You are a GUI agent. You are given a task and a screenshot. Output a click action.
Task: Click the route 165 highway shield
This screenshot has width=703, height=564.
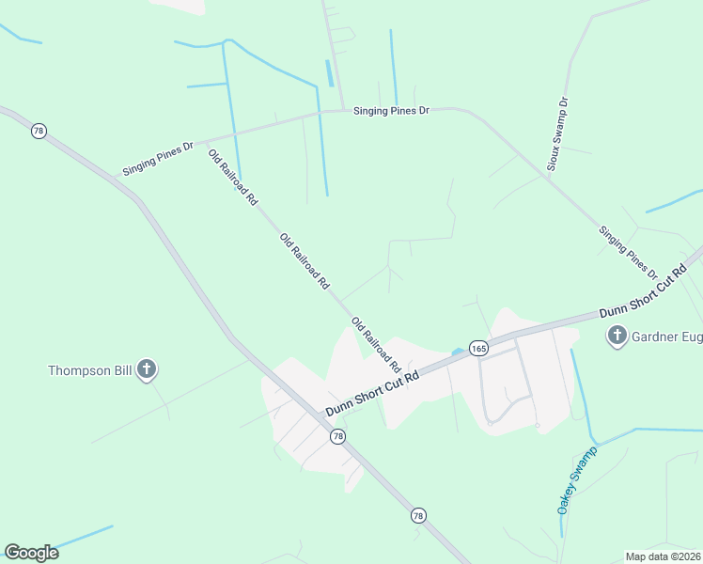point(478,348)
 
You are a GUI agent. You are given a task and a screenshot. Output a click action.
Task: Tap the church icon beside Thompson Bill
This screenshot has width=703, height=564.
point(147,369)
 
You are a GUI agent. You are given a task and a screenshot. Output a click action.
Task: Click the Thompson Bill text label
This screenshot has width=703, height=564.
point(91,370)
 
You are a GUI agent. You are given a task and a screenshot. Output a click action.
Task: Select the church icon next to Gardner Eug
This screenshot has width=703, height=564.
point(617,336)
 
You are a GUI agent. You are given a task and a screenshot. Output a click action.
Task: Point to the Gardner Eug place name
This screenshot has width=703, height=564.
point(666,336)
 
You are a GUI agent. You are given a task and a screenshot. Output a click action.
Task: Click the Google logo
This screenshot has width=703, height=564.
point(31,553)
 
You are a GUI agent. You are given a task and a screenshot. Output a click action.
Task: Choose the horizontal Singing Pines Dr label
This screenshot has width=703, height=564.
point(391,111)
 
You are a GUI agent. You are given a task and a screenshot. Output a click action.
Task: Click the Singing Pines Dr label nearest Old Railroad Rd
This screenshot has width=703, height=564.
point(158,159)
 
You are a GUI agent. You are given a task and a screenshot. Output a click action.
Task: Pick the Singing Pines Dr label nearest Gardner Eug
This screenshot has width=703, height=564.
point(628,252)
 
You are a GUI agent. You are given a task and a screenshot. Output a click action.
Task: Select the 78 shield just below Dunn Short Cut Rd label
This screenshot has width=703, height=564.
point(337,437)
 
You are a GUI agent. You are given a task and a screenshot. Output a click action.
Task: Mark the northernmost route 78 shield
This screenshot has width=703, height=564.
point(39,132)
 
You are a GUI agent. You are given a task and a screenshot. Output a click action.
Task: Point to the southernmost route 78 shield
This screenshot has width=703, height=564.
point(418,515)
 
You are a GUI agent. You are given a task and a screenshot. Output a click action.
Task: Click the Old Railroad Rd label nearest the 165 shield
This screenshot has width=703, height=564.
point(376,344)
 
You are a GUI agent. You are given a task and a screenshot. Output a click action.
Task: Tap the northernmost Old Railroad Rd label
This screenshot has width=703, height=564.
point(233,177)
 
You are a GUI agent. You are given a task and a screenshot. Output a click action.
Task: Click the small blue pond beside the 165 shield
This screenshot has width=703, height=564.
point(457,352)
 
